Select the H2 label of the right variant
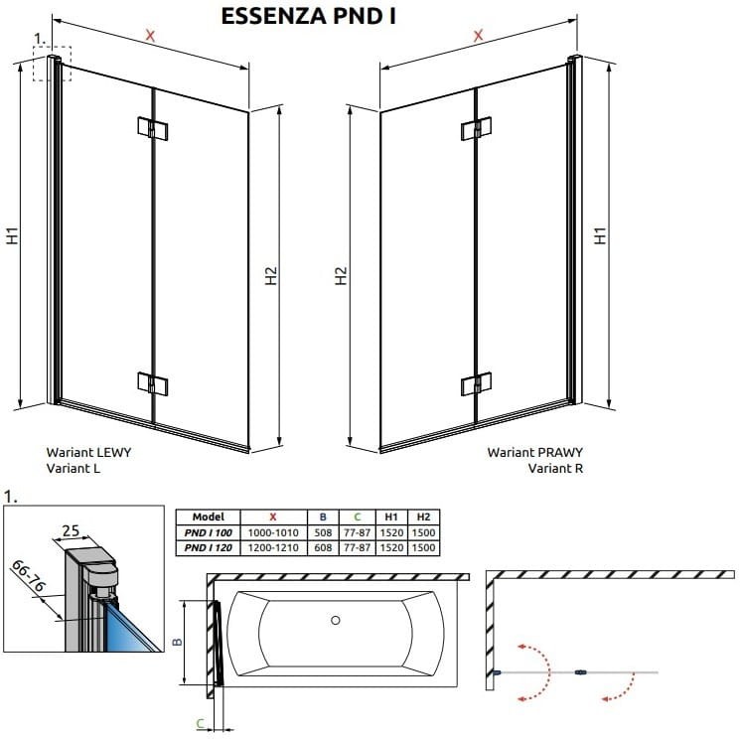pyautogui.click(x=341, y=276)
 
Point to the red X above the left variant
pyautogui.click(x=150, y=36)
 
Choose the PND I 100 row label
pyautogui.click(x=207, y=532)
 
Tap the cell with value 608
pyautogui.click(x=322, y=547)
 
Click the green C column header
pyautogui.click(x=357, y=517)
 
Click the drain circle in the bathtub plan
pyautogui.click(x=335, y=621)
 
